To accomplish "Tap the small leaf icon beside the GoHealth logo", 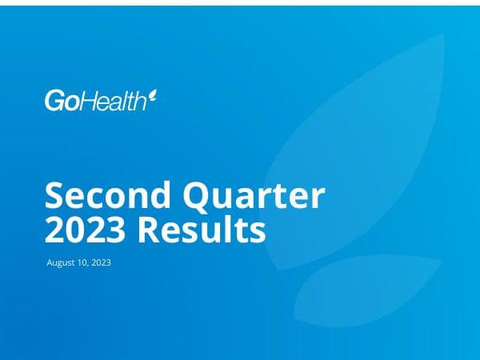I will tap(153, 97).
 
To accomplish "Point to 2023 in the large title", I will tap(85, 230).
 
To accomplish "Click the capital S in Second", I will tap(55, 196).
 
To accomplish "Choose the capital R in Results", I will tap(150, 230).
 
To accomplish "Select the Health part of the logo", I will tap(113, 102).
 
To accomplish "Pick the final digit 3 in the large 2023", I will tap(116, 230).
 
